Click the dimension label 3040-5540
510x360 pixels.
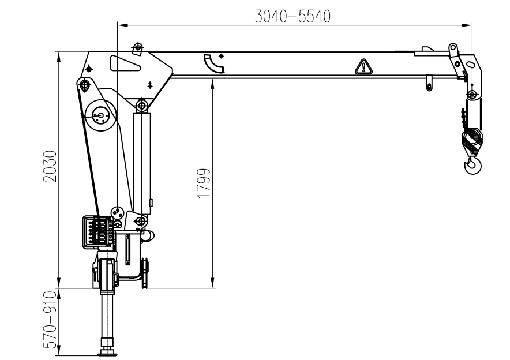click(x=292, y=16)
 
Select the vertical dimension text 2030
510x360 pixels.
click(x=50, y=166)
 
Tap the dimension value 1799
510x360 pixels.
click(x=204, y=183)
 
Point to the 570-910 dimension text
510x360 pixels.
click(x=50, y=320)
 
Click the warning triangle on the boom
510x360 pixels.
click(x=363, y=67)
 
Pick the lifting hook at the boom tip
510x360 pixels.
click(x=472, y=165)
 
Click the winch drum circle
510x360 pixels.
click(x=100, y=115)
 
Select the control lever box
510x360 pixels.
click(x=98, y=232)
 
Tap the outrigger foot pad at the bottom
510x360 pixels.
click(x=108, y=353)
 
